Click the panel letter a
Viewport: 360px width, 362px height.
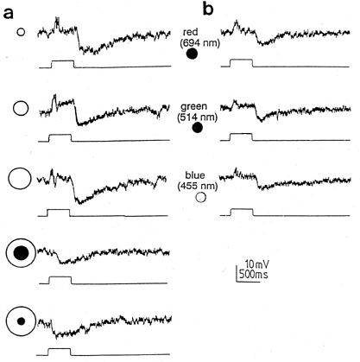click(9, 13)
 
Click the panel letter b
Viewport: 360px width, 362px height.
click(208, 10)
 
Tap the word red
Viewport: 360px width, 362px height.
click(191, 32)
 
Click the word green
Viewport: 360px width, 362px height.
click(194, 107)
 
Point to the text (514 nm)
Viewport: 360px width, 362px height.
click(198, 117)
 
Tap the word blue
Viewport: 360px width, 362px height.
click(195, 175)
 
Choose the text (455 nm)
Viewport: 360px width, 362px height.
click(198, 186)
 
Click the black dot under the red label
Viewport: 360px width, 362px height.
click(192, 54)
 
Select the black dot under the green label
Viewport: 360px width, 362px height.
click(198, 128)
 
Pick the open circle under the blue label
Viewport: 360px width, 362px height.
click(200, 198)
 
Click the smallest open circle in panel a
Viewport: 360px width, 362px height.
click(21, 32)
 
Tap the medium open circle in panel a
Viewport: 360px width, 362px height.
click(21, 108)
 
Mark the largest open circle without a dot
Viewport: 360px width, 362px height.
click(19, 179)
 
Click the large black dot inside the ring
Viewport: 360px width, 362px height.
click(21, 253)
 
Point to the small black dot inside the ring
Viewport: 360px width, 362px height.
click(21, 321)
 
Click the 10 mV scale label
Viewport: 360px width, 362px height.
click(257, 264)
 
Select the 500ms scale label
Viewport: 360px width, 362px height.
click(253, 274)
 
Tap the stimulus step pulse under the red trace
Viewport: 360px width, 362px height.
click(241, 63)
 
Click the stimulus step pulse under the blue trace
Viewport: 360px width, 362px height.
click(242, 212)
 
